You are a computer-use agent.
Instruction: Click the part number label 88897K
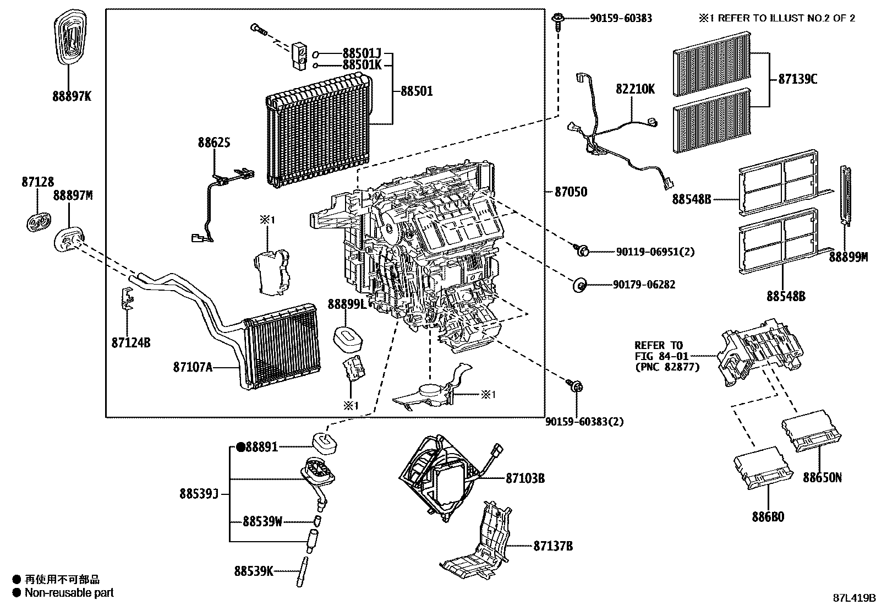pos(72,96)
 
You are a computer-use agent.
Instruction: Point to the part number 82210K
pos(635,89)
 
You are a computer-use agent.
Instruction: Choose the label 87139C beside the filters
pos(797,79)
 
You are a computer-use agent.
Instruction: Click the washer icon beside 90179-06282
pos(579,285)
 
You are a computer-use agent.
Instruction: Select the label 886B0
pos(768,517)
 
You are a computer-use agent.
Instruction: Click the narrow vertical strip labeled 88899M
pos(846,195)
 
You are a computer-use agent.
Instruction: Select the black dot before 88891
pos(240,448)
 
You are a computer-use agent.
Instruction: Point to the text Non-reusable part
pos(69,593)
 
